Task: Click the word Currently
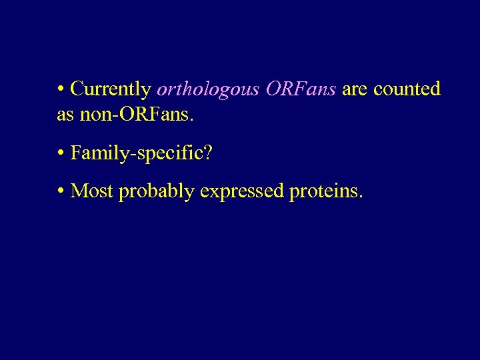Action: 111,89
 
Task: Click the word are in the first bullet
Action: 355,89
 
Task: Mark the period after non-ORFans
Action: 192,120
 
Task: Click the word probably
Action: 156,191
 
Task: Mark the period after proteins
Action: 361,197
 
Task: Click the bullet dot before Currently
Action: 61,90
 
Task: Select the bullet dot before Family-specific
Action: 61,154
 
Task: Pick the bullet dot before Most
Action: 61,192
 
